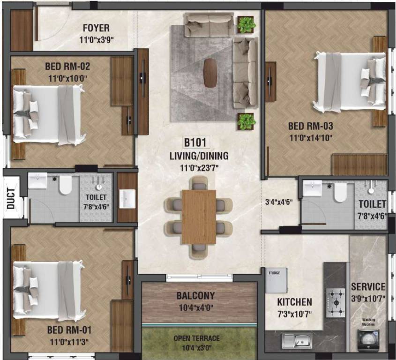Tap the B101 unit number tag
coord(196,142)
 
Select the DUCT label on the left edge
coord(11,197)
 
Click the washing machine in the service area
coord(368,338)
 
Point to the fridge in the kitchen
coord(276,281)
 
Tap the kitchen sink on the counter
coord(296,340)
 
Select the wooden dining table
coord(198,217)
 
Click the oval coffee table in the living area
coord(210,73)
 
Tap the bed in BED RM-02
coord(48,114)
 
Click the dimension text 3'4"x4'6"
coord(279,202)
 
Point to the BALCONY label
coord(196,296)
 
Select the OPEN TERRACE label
coord(197,338)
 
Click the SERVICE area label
coord(368,286)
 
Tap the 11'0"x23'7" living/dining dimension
coord(199,166)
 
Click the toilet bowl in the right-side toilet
coord(340,192)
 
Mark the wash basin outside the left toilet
coord(127,199)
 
